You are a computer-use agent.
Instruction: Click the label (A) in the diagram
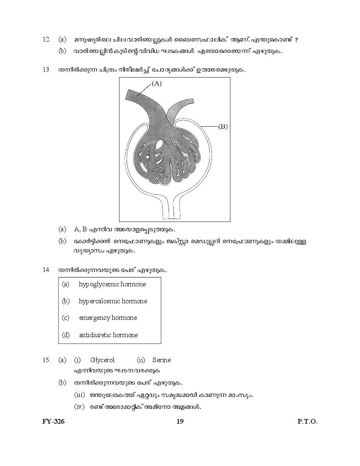click(157, 83)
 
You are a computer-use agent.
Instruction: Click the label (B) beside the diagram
click(223, 126)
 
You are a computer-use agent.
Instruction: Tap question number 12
click(47, 39)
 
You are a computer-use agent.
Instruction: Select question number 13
click(47, 69)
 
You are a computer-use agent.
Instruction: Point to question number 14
click(47, 269)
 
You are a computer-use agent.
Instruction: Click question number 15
click(47, 360)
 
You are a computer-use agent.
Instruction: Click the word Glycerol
click(102, 360)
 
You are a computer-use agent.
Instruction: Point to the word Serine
click(161, 360)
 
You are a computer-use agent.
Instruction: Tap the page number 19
click(180, 421)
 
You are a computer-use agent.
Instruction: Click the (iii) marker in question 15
click(80, 395)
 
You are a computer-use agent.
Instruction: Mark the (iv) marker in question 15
click(80, 407)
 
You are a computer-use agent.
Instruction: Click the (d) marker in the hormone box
click(66, 335)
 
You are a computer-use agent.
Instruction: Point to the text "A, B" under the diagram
click(80, 229)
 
